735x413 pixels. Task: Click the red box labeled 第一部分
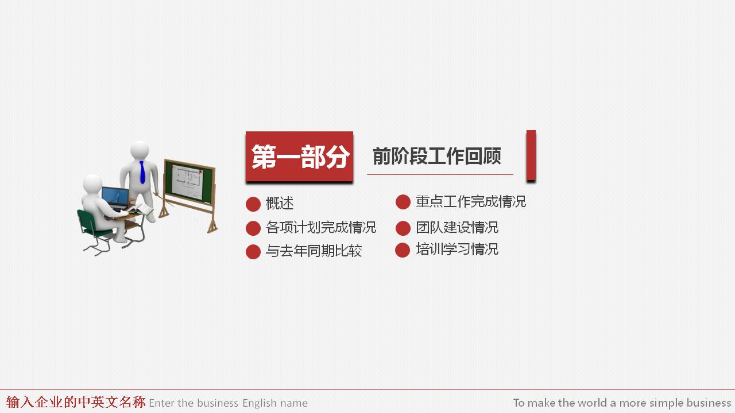pyautogui.click(x=299, y=157)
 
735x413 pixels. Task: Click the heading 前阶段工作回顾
pyautogui.click(x=437, y=156)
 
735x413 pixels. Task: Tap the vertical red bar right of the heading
pyautogui.click(x=531, y=155)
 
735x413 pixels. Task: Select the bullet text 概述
pyautogui.click(x=280, y=204)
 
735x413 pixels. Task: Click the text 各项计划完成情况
pyautogui.click(x=321, y=228)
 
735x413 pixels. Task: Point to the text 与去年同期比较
pyautogui.click(x=314, y=251)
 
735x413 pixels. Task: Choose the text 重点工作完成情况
pyautogui.click(x=470, y=202)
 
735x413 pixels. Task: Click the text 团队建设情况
pyautogui.click(x=457, y=228)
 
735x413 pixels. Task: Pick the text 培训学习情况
pyautogui.click(x=457, y=250)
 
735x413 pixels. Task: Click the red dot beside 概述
pyautogui.click(x=253, y=204)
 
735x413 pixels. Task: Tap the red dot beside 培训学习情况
pyautogui.click(x=403, y=250)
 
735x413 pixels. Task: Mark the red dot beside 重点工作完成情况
pyautogui.click(x=403, y=202)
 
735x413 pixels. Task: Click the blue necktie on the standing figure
pyautogui.click(x=142, y=172)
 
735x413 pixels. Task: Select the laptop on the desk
pyautogui.click(x=115, y=198)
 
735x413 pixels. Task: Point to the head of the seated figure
pyautogui.click(x=92, y=185)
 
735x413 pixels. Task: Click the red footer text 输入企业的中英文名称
pyautogui.click(x=76, y=402)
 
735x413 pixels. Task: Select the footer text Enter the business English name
pyautogui.click(x=228, y=403)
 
